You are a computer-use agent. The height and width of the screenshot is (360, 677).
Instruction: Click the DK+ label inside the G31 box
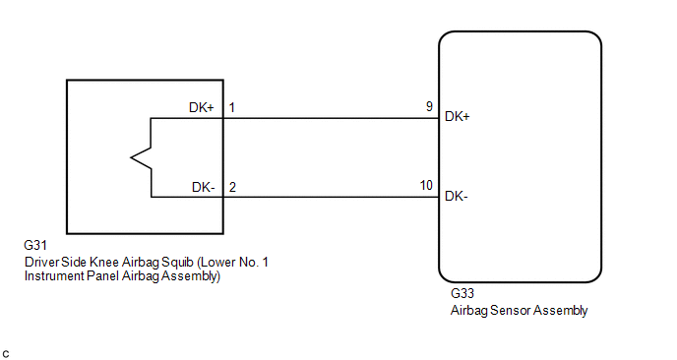(x=201, y=107)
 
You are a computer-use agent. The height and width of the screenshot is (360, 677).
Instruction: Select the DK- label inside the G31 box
(x=204, y=187)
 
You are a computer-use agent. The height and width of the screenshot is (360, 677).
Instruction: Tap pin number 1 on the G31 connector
(x=232, y=107)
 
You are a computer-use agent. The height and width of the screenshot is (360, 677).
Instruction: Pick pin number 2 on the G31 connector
(x=232, y=187)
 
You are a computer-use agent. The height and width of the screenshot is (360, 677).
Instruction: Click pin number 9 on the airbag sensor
(x=429, y=106)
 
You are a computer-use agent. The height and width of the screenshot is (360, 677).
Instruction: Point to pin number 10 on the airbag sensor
(x=426, y=185)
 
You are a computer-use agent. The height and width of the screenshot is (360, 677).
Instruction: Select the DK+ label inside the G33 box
(x=458, y=116)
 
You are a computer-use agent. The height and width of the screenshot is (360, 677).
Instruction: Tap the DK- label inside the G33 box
(x=457, y=197)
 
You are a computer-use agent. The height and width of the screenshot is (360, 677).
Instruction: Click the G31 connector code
(x=35, y=245)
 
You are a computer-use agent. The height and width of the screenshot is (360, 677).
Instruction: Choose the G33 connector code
(x=462, y=293)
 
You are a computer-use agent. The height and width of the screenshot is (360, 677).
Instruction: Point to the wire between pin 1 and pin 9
(x=332, y=118)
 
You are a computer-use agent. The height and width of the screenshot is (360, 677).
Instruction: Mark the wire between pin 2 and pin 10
(x=332, y=198)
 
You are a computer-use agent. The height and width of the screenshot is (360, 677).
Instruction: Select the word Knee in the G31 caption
(x=104, y=262)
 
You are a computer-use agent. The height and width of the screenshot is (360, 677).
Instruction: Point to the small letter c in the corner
(x=6, y=354)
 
